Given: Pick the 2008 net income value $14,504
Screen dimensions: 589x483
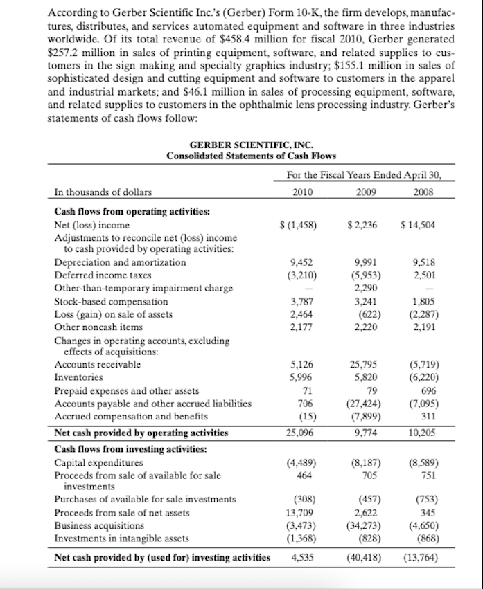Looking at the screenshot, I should click(x=420, y=226).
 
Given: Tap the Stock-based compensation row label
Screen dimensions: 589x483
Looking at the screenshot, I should click(x=111, y=301).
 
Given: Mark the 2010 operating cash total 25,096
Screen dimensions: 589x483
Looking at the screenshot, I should click(x=299, y=433).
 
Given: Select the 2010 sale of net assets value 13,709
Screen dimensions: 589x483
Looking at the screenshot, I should click(x=298, y=513).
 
